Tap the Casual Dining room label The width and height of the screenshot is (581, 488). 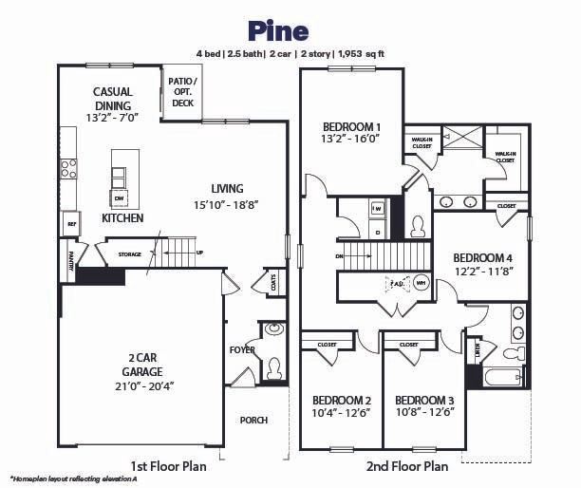click(112, 99)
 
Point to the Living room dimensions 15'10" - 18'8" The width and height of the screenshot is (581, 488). click(226, 204)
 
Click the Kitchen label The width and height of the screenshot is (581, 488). click(122, 218)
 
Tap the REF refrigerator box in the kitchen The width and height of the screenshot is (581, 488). click(70, 224)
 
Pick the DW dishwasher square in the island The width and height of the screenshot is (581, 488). click(120, 197)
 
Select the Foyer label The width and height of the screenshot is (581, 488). click(241, 348)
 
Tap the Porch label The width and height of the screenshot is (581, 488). click(253, 420)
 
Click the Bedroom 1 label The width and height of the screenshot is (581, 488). click(351, 126)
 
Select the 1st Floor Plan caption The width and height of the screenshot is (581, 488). click(168, 465)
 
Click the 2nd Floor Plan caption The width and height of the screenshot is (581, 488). click(406, 465)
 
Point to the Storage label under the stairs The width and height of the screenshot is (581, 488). click(129, 254)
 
